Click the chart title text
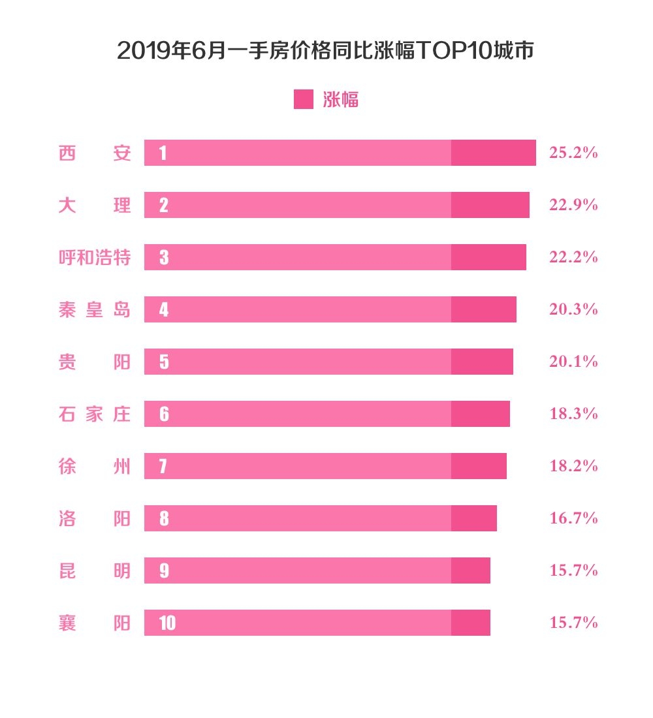click(326, 51)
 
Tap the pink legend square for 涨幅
click(303, 99)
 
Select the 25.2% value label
click(573, 153)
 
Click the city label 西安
click(95, 153)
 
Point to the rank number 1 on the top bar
click(163, 153)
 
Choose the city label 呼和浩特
click(95, 257)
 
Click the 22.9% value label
click(573, 205)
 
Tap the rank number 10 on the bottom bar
click(167, 623)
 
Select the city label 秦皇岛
click(95, 309)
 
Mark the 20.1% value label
click(573, 362)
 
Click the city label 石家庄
click(95, 414)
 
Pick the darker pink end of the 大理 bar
click(490, 205)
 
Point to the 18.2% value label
click(573, 466)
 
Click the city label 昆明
click(95, 570)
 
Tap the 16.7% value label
click(573, 518)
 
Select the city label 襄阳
click(95, 623)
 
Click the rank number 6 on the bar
click(163, 414)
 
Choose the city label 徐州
click(95, 466)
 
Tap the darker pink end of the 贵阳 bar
click(482, 362)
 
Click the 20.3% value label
click(573, 309)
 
